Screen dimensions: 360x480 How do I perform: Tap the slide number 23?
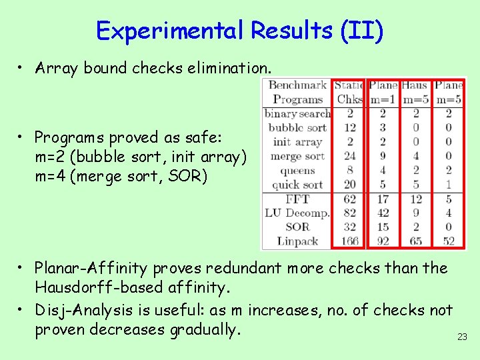(462, 337)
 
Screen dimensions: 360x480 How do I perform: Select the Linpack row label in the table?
(298, 241)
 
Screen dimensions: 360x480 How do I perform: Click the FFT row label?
(297, 199)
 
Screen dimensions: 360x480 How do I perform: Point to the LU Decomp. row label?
(298, 213)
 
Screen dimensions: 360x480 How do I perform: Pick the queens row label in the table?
(297, 171)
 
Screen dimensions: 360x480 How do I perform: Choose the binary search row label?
(297, 113)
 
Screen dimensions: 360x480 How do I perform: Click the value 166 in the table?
(349, 241)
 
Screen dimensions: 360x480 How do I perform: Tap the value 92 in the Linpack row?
(383, 241)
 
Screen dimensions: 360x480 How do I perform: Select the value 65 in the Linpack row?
(415, 241)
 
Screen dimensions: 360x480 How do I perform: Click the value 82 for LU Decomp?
(349, 213)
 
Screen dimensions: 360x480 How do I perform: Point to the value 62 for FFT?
(349, 199)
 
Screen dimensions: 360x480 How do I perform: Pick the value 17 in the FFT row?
(383, 199)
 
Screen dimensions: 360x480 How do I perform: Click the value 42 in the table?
(383, 213)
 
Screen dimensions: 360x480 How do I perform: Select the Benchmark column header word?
(297, 85)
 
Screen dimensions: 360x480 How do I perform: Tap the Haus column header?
(415, 85)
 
